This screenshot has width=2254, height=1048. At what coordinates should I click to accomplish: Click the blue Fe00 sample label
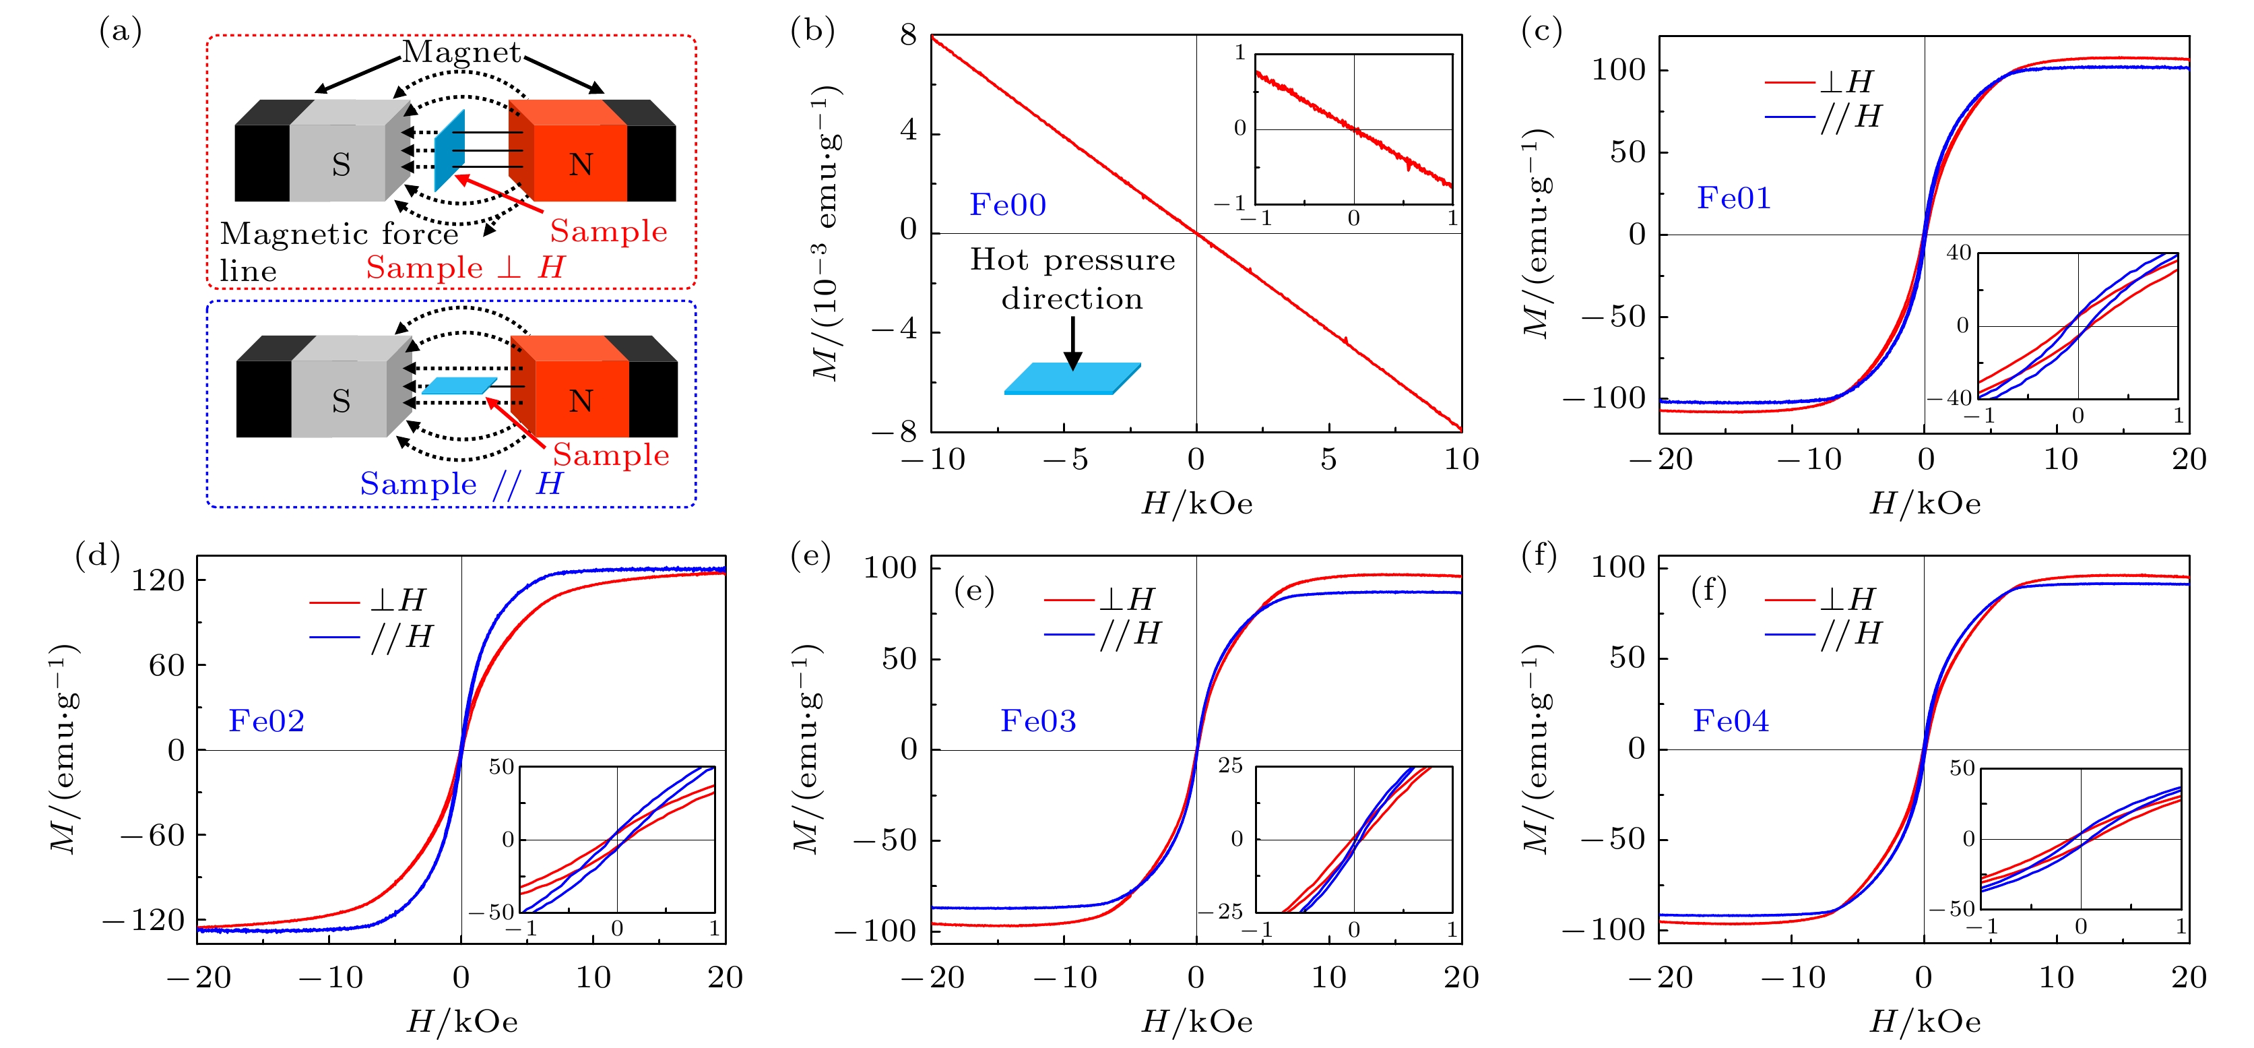pos(1007,205)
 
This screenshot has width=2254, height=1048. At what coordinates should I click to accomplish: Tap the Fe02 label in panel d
pos(266,721)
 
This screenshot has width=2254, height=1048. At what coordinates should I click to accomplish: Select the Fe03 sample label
pos(1038,721)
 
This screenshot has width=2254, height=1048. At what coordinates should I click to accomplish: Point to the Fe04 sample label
pos(1731,721)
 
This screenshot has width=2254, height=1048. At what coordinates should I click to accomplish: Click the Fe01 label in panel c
pos(1733,199)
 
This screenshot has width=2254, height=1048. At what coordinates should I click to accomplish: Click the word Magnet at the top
pos(461,53)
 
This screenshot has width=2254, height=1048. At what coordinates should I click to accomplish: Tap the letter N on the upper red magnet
pos(581,164)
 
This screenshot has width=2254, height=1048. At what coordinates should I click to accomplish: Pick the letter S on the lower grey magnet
pos(342,401)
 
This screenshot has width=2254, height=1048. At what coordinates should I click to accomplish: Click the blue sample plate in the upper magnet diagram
pos(450,150)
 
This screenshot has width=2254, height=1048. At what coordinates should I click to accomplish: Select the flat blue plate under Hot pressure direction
pos(1072,378)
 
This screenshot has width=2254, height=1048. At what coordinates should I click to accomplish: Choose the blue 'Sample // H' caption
pos(461,484)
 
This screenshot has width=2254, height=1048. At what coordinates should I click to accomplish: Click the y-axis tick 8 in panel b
pos(908,36)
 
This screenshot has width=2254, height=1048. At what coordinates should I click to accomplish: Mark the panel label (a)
pos(120,32)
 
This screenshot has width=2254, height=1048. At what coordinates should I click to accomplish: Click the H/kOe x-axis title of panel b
pos(1196,504)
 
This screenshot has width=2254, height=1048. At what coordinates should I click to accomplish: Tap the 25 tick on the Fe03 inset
pos(1230,766)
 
